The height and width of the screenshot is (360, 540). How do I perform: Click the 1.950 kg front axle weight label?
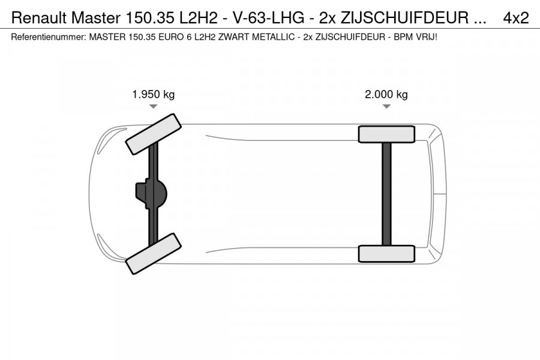(x=153, y=94)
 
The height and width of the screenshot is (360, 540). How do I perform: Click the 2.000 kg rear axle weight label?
(x=386, y=94)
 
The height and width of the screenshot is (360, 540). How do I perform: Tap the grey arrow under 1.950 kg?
(x=153, y=106)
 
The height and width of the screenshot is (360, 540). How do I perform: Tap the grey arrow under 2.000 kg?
(x=386, y=106)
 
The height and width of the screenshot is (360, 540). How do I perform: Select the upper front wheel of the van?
(x=153, y=134)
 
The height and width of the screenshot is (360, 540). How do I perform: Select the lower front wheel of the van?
(x=153, y=254)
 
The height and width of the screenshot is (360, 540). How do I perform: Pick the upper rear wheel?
(x=386, y=134)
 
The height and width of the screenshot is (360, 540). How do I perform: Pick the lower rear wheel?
(x=386, y=254)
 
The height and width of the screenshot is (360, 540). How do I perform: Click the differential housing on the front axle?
(x=151, y=194)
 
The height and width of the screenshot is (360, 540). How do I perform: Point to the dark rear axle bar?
(x=387, y=194)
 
